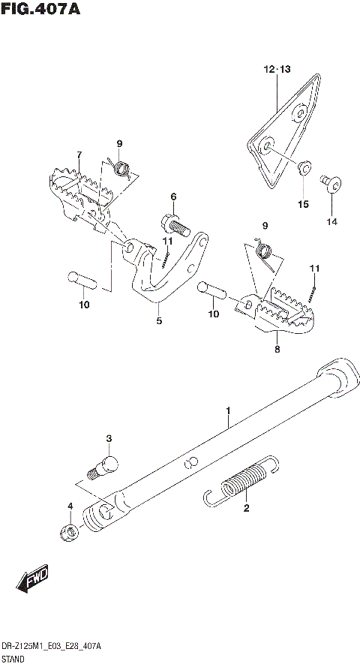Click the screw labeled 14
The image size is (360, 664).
coord(331,182)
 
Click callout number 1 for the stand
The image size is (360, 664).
coord(228,410)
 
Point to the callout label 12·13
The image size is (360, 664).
coord(275,70)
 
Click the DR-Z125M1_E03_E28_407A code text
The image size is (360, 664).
coord(52,645)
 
